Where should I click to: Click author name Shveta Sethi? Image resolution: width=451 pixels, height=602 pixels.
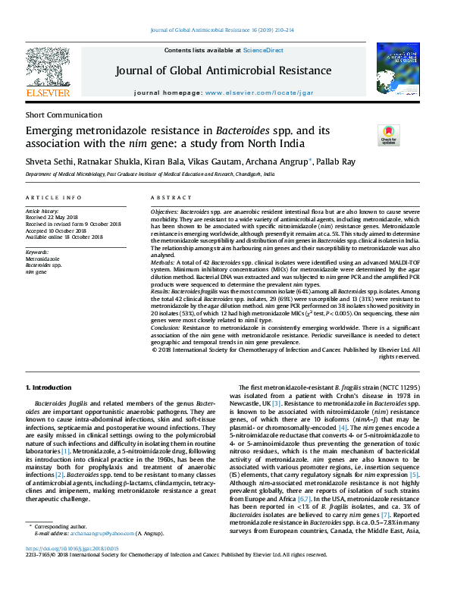click(48, 161)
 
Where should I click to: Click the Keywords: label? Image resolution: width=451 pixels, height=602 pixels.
click(37, 252)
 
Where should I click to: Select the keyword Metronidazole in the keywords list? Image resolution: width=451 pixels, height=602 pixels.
click(43, 259)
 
